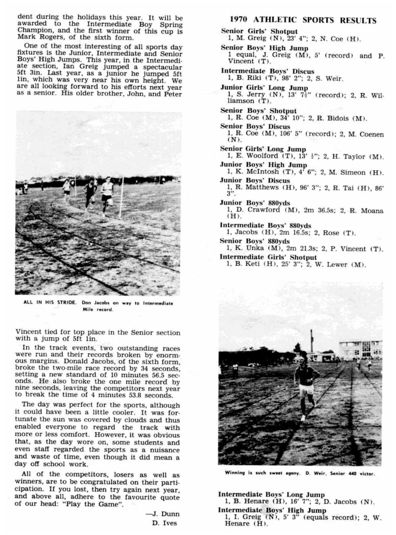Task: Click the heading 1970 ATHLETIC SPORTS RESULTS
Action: (x=303, y=20)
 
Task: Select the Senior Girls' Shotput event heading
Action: (x=259, y=31)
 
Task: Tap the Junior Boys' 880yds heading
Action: (x=255, y=203)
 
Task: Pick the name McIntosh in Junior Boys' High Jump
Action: (x=262, y=172)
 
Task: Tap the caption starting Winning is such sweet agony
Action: (x=300, y=473)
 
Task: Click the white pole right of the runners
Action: (x=122, y=196)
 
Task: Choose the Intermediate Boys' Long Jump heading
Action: (x=271, y=495)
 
